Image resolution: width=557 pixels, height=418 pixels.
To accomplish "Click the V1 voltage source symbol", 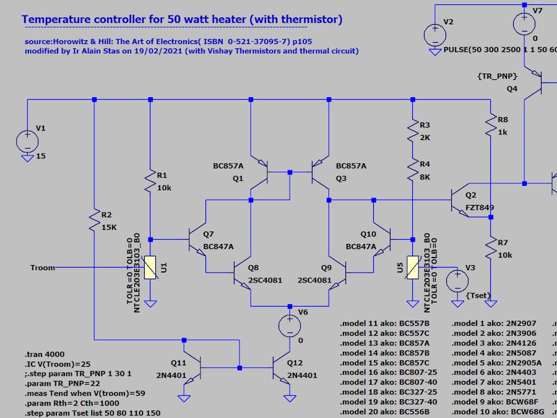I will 27,140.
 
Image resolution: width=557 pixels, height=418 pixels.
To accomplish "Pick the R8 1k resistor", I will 491,125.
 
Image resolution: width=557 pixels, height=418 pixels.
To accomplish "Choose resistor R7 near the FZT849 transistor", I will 491,249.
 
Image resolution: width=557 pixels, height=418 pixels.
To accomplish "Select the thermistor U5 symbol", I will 413,268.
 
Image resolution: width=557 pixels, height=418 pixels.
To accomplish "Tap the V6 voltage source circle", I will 289,326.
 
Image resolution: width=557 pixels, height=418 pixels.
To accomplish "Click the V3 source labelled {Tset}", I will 458,281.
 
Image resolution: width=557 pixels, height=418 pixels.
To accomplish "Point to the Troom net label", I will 43,268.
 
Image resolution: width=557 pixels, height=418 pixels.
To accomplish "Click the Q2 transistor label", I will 471,195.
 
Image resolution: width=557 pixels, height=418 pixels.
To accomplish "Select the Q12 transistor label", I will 295,363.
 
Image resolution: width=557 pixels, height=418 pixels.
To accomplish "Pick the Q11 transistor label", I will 179,363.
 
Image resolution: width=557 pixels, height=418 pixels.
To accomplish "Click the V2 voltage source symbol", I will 434,33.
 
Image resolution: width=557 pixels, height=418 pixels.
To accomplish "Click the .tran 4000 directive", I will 43,355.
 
